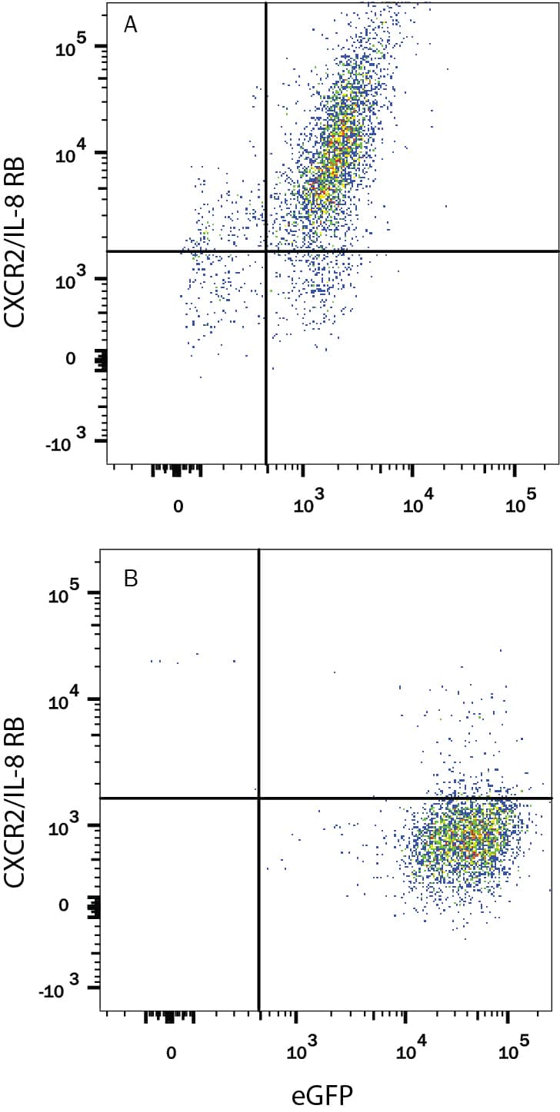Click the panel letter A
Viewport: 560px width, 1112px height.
pos(131,25)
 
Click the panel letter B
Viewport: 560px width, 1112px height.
pos(131,578)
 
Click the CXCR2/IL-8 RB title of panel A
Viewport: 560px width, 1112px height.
pos(17,242)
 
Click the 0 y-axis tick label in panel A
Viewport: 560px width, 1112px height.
pos(71,359)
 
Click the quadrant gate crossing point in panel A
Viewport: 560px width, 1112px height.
pos(266,251)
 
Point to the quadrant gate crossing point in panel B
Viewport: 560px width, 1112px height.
pos(259,798)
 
